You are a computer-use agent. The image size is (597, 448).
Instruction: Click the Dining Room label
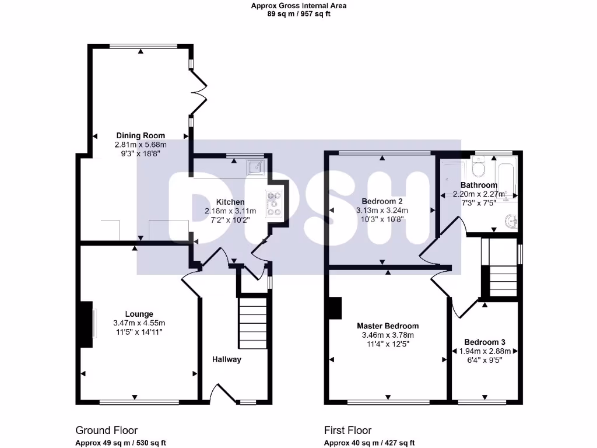pyautogui.click(x=140, y=135)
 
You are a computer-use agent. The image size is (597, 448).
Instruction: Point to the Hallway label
pyautogui.click(x=226, y=359)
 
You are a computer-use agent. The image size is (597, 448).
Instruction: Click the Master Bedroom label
pyautogui.click(x=388, y=326)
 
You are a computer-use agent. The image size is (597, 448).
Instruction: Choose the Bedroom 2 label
pyautogui.click(x=382, y=201)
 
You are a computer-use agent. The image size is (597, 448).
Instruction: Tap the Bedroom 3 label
pyautogui.click(x=484, y=342)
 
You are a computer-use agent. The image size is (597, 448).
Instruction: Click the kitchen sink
pyautogui.click(x=255, y=168)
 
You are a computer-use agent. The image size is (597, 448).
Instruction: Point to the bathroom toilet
pyautogui.click(x=478, y=168)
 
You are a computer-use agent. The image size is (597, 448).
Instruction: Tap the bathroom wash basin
pyautogui.click(x=512, y=222)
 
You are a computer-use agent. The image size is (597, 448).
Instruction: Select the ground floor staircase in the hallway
pyautogui.click(x=252, y=323)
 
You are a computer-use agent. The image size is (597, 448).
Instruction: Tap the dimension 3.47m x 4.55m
pyautogui.click(x=139, y=323)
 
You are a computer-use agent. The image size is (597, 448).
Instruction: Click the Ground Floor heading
pyautogui.click(x=107, y=430)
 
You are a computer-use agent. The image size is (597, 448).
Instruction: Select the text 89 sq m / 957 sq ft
pyautogui.click(x=298, y=14)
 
